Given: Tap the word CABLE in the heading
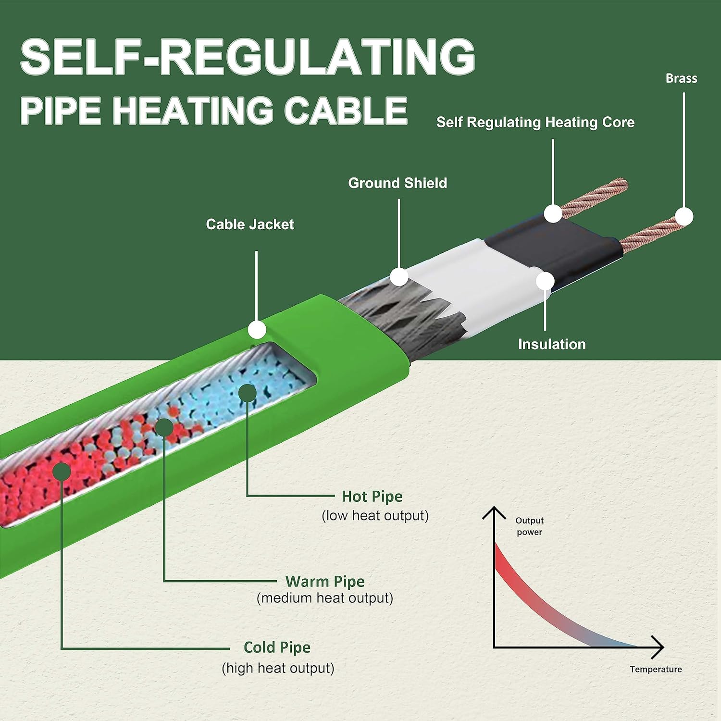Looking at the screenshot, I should click(x=346, y=111).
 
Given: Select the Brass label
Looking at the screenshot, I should click(x=681, y=78).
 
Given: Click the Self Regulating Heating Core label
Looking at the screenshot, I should click(x=535, y=122).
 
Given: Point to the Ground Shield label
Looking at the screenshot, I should click(x=398, y=183).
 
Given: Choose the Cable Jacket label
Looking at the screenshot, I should click(x=249, y=224).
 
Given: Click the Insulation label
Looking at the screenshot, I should click(x=552, y=344).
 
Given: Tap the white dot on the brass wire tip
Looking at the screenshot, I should click(x=684, y=217).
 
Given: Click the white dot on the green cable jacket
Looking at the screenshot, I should click(x=257, y=330).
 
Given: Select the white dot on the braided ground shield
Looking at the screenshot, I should click(x=399, y=277).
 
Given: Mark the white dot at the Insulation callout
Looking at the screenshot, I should click(x=545, y=281).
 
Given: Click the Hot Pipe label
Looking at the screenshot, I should click(x=372, y=497).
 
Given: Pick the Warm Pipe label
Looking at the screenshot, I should click(x=325, y=582).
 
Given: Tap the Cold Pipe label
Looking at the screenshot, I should click(x=277, y=647).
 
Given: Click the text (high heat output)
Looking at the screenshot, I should click(x=278, y=668).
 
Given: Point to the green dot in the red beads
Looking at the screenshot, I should click(x=62, y=471).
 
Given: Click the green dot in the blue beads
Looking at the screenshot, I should click(x=248, y=393).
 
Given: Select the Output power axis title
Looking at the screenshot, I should click(x=529, y=526).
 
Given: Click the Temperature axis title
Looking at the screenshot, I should click(x=656, y=669).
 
